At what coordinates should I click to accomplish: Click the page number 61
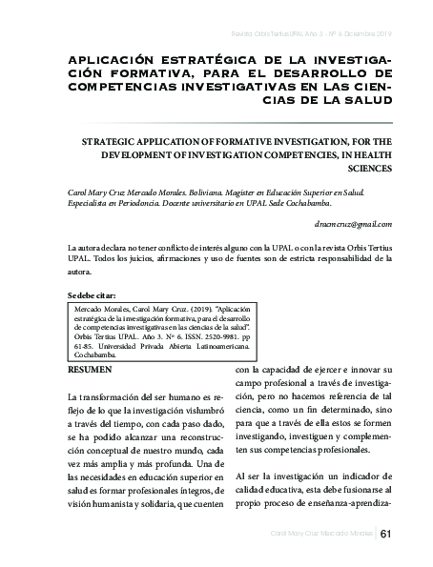(x=385, y=534)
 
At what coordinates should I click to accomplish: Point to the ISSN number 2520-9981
(x=195, y=337)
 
